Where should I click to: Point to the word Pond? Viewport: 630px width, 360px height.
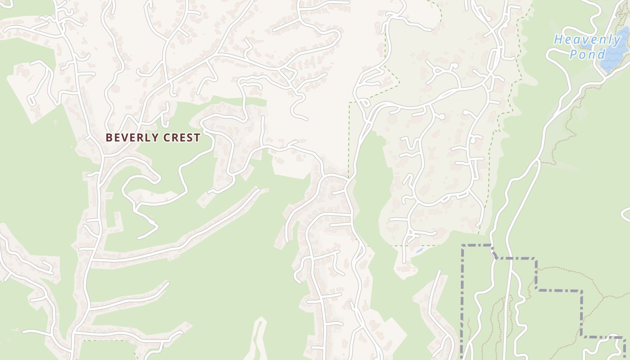click(587, 54)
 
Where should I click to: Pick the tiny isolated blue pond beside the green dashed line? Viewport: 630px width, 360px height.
click(419, 250)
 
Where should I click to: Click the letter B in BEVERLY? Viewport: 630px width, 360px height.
click(109, 138)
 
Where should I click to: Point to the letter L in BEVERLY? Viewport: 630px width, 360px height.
click(144, 138)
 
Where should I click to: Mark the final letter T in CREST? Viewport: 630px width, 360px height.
click(197, 138)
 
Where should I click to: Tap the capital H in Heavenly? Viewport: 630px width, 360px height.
click(558, 40)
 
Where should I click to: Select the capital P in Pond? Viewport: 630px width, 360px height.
click(573, 54)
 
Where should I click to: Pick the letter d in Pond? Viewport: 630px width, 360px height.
click(601, 54)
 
